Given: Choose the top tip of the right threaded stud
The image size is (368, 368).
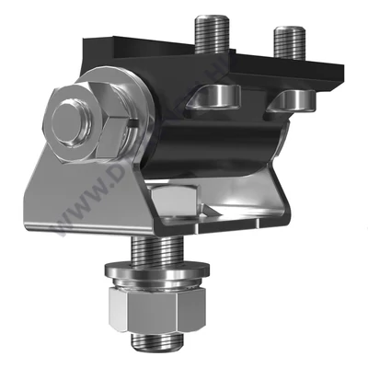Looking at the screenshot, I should coord(289,29).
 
